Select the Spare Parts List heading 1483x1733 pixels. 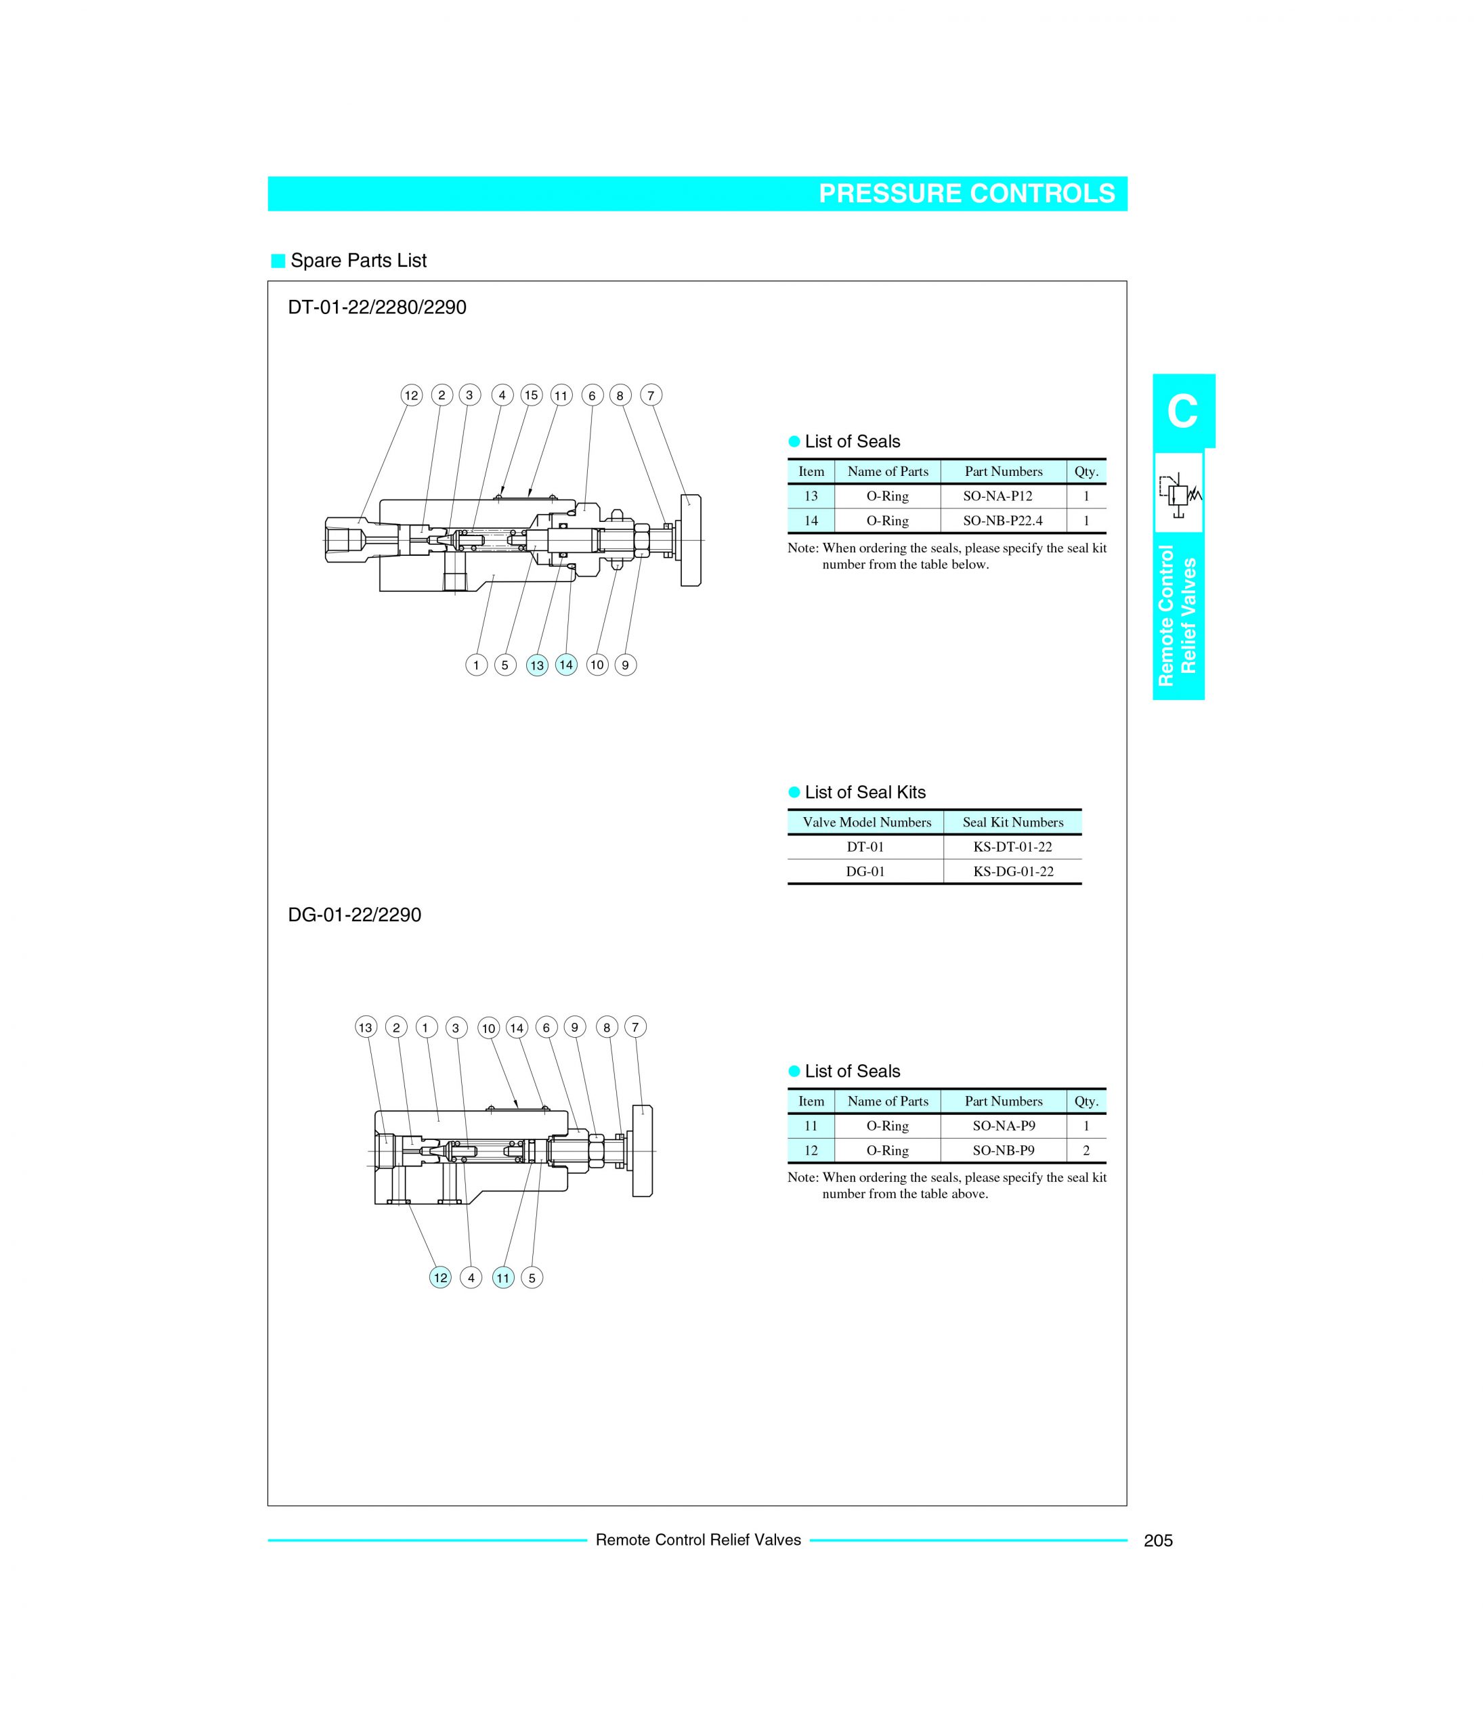[x=358, y=261]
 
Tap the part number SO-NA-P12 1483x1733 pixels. [x=1003, y=496]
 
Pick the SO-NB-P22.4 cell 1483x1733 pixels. [x=1003, y=520]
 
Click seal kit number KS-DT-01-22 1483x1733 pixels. [x=1012, y=846]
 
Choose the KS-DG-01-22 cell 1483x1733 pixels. [x=1012, y=871]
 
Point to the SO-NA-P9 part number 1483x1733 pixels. [x=1003, y=1126]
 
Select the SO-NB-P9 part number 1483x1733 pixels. [x=1003, y=1150]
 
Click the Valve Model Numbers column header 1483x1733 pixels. [x=867, y=822]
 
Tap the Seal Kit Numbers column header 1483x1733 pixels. [x=1012, y=822]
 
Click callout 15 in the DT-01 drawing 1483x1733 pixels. [x=531, y=395]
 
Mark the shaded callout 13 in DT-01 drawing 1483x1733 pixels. [x=537, y=665]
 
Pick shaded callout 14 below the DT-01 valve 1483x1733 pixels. [x=566, y=665]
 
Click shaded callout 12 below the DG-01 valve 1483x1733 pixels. [x=440, y=1277]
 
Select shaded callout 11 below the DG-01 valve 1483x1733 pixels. [x=502, y=1278]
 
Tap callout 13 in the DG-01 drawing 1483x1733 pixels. [x=366, y=1027]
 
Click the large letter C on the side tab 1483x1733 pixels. [x=1182, y=412]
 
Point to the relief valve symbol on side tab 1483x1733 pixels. [x=1178, y=493]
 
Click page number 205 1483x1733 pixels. [x=1158, y=1541]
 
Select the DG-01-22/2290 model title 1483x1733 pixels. [x=355, y=915]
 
